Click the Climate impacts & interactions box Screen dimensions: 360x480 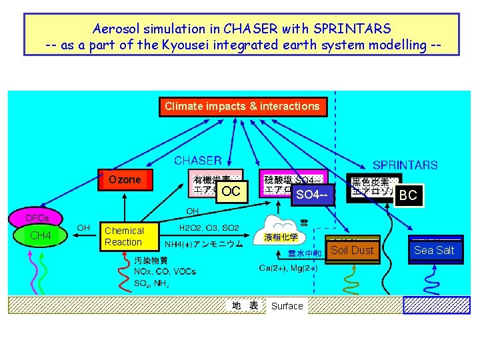tap(243, 107)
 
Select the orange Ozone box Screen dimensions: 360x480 tap(125, 180)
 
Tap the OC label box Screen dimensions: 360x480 tap(231, 191)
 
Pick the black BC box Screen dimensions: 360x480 tap(408, 195)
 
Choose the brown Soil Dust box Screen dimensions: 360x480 tap(352, 250)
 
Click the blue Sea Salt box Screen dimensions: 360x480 tap(434, 250)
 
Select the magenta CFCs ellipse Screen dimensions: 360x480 tap(37, 218)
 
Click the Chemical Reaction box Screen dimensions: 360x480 tap(123, 236)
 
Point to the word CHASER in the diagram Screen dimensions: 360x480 tap(198, 160)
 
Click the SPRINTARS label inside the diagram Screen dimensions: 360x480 tap(405, 165)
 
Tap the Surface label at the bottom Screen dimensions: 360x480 tap(287, 307)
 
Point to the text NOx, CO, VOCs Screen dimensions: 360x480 tap(165, 272)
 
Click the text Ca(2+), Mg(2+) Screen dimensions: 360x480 tap(288, 268)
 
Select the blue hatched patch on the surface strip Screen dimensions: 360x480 tap(437, 305)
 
